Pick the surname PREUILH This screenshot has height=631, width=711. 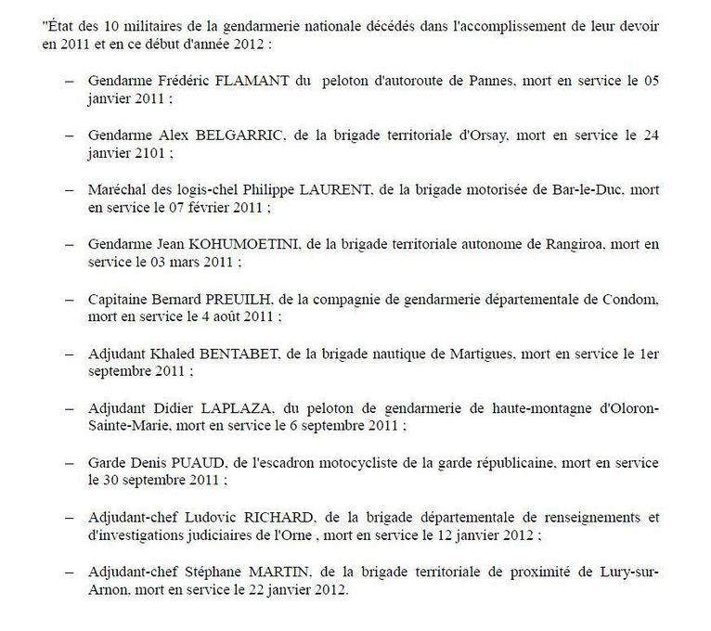click(x=253, y=300)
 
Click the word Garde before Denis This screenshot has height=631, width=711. click(x=108, y=463)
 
